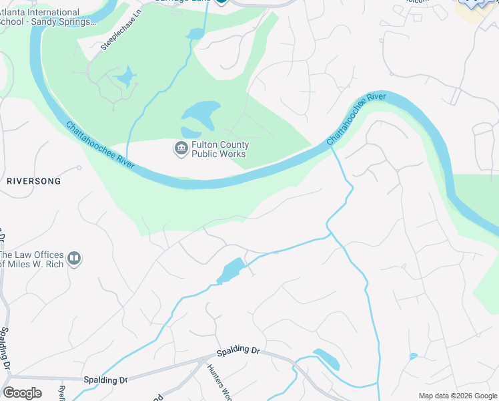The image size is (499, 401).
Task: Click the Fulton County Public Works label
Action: point(220,149)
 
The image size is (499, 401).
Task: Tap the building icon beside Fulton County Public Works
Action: point(181,148)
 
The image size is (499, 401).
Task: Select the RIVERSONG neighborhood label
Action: point(33,181)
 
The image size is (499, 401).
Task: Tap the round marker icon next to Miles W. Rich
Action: point(74,258)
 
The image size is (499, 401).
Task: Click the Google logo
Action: point(22,393)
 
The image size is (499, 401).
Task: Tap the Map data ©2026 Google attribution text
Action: point(458,396)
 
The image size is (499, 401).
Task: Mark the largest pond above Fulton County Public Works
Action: point(202,113)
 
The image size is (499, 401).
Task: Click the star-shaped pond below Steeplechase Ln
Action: point(125,78)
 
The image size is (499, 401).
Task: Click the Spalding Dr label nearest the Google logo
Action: point(105,380)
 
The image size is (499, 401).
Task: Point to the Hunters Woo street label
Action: point(217,383)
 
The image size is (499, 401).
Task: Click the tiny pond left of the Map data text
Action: point(414,356)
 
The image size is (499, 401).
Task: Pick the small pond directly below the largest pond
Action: point(190,132)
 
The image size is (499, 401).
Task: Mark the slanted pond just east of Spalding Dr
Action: point(327,360)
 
